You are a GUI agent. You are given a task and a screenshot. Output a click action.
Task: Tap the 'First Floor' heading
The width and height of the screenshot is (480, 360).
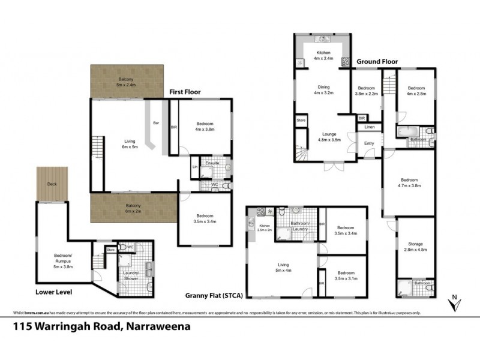coord(184,92)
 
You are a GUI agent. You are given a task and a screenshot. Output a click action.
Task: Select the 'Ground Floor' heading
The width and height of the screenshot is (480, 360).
coord(377,61)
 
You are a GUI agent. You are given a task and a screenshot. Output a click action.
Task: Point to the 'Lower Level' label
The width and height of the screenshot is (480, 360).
coord(50,292)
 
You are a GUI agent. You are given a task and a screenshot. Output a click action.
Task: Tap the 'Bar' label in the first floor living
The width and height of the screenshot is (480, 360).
coord(156,123)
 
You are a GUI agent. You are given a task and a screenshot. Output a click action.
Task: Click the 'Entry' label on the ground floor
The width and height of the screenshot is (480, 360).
coord(369,143)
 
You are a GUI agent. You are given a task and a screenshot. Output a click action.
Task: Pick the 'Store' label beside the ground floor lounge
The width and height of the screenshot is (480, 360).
coord(301,121)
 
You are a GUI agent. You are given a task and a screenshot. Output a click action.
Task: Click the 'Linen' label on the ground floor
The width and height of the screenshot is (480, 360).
coord(370,127)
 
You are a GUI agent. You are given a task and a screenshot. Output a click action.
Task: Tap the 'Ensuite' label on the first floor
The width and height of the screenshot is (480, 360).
coord(211,163)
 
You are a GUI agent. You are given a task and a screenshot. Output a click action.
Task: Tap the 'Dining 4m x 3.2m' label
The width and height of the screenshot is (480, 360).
coord(323,91)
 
